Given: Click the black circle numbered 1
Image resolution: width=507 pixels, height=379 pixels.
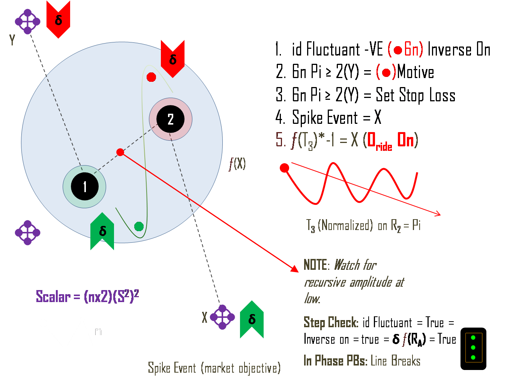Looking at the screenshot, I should [x=85, y=186].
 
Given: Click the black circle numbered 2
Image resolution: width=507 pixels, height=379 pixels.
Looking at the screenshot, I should [x=171, y=119].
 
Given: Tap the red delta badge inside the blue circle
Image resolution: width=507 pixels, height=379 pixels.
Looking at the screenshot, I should [x=172, y=58].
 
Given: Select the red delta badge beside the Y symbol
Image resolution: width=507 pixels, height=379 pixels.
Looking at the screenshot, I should [x=58, y=19].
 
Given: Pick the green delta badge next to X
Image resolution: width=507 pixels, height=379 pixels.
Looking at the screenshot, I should [x=252, y=319].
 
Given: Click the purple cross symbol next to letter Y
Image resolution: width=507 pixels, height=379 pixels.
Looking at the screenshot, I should [x=27, y=21].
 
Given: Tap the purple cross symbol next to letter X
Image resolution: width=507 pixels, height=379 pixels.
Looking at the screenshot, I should [x=222, y=317].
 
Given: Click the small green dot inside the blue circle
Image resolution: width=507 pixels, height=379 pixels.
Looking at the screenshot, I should [x=139, y=226].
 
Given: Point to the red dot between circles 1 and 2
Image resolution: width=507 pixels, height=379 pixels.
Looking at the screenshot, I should [x=120, y=152].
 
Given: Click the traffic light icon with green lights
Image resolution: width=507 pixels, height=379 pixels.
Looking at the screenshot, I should [x=473, y=349].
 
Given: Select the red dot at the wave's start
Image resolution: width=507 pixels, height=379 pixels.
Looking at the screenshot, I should [x=285, y=168].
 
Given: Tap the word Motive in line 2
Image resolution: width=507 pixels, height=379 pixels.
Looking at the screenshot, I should [x=415, y=72].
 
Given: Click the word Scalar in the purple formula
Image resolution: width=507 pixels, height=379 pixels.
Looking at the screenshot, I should [x=53, y=297].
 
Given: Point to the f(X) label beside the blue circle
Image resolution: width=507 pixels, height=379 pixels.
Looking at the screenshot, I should [x=237, y=164].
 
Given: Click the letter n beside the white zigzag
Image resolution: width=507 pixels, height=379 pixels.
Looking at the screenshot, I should [x=98, y=331].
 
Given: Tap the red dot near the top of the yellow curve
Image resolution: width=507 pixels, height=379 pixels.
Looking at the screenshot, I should [x=151, y=77].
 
